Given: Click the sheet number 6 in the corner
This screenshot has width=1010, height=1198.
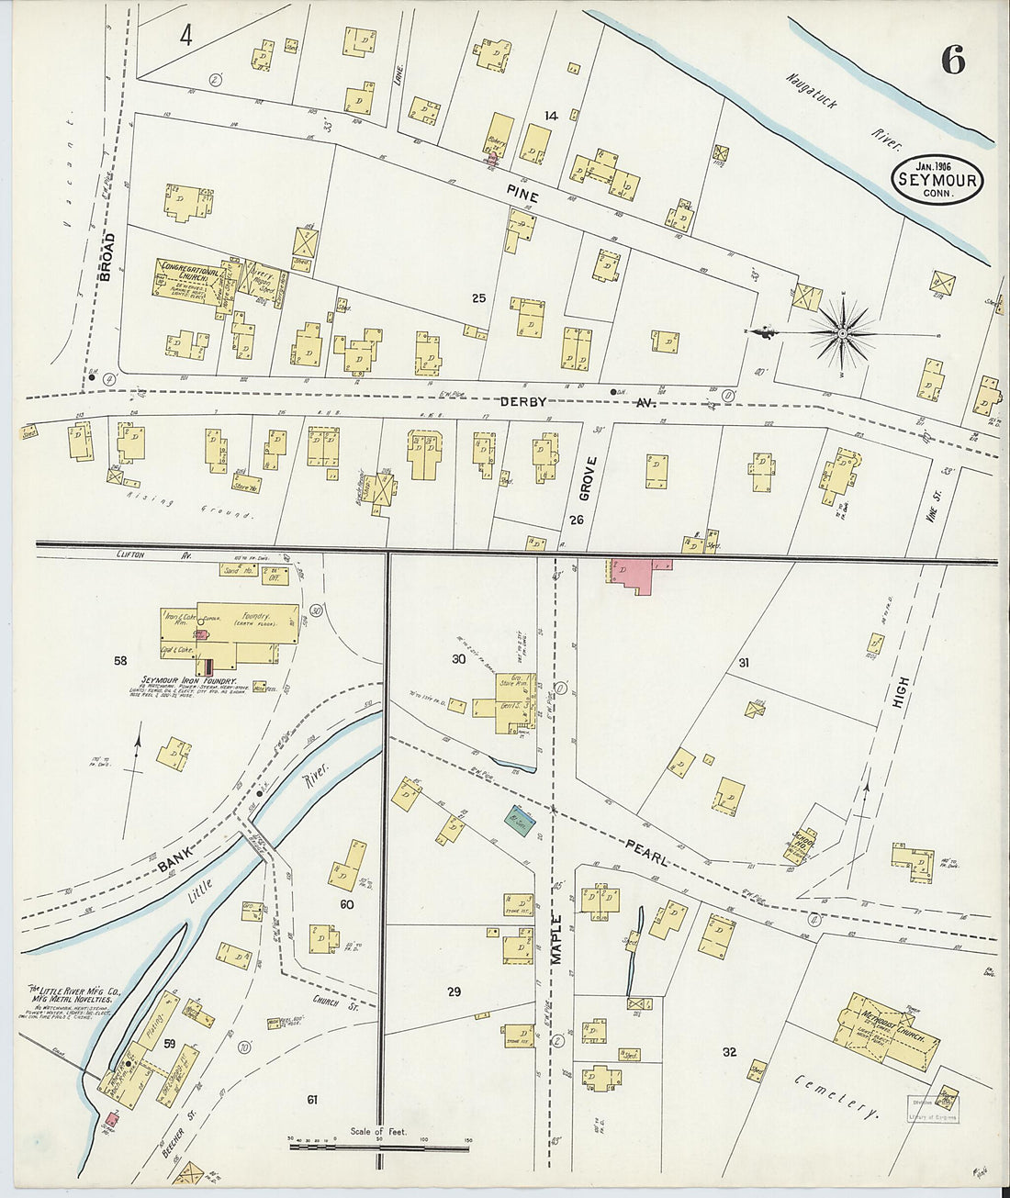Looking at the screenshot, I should click(952, 61).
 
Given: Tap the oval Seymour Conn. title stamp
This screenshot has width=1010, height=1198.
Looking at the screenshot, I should click(936, 180).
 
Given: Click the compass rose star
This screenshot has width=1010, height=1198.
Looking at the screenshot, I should click(842, 332).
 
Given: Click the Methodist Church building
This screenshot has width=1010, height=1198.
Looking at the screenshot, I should click(887, 1032).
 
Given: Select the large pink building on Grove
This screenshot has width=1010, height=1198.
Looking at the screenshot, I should click(637, 575).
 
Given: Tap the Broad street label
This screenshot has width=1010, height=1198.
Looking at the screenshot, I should click(107, 257).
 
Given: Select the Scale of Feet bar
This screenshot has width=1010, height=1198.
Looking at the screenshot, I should click(378, 1146).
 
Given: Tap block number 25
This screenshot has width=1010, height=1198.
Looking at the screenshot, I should click(478, 298).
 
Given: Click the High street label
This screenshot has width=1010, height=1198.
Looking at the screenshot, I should click(902, 694).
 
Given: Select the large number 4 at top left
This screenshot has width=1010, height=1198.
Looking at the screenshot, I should click(187, 37).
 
